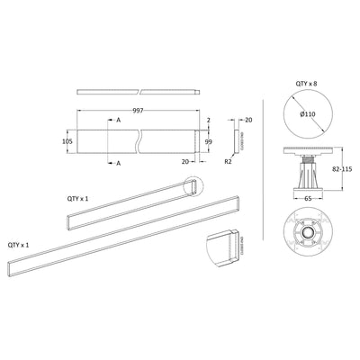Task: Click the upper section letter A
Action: [119, 118]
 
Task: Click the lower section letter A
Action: [119, 164]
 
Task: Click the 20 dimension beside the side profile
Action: [247, 119]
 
